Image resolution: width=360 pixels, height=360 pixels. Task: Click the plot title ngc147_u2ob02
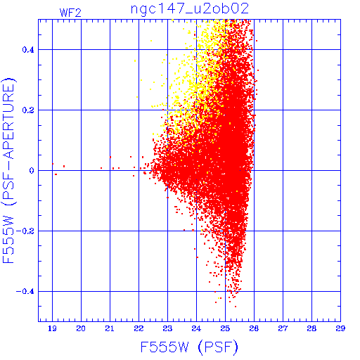190,9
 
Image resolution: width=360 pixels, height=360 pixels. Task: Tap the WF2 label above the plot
70,13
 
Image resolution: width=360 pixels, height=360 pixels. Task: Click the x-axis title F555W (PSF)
189,347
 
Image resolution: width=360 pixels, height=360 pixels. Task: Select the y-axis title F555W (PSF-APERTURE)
8,171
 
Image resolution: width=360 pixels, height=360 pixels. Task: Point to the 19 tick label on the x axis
52,328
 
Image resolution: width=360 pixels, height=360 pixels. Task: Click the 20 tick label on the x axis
81,328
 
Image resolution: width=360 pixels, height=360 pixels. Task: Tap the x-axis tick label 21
110,328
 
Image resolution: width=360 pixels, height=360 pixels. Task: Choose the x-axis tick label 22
139,328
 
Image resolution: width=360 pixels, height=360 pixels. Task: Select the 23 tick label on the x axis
167,328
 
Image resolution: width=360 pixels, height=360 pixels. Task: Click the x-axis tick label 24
196,328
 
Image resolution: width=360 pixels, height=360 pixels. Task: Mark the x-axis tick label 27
283,328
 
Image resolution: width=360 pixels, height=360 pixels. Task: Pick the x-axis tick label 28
311,328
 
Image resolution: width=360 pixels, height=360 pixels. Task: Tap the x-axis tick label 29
340,328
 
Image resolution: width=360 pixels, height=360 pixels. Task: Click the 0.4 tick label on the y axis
28,50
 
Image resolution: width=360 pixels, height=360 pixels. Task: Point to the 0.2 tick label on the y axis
28,110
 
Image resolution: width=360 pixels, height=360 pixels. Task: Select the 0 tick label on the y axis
32,171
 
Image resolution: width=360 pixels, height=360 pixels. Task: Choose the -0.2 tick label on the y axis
25,231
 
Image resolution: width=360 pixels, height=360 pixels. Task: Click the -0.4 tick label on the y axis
25,292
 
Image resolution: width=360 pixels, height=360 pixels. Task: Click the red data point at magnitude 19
53,164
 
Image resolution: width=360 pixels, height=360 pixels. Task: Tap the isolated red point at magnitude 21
110,157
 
